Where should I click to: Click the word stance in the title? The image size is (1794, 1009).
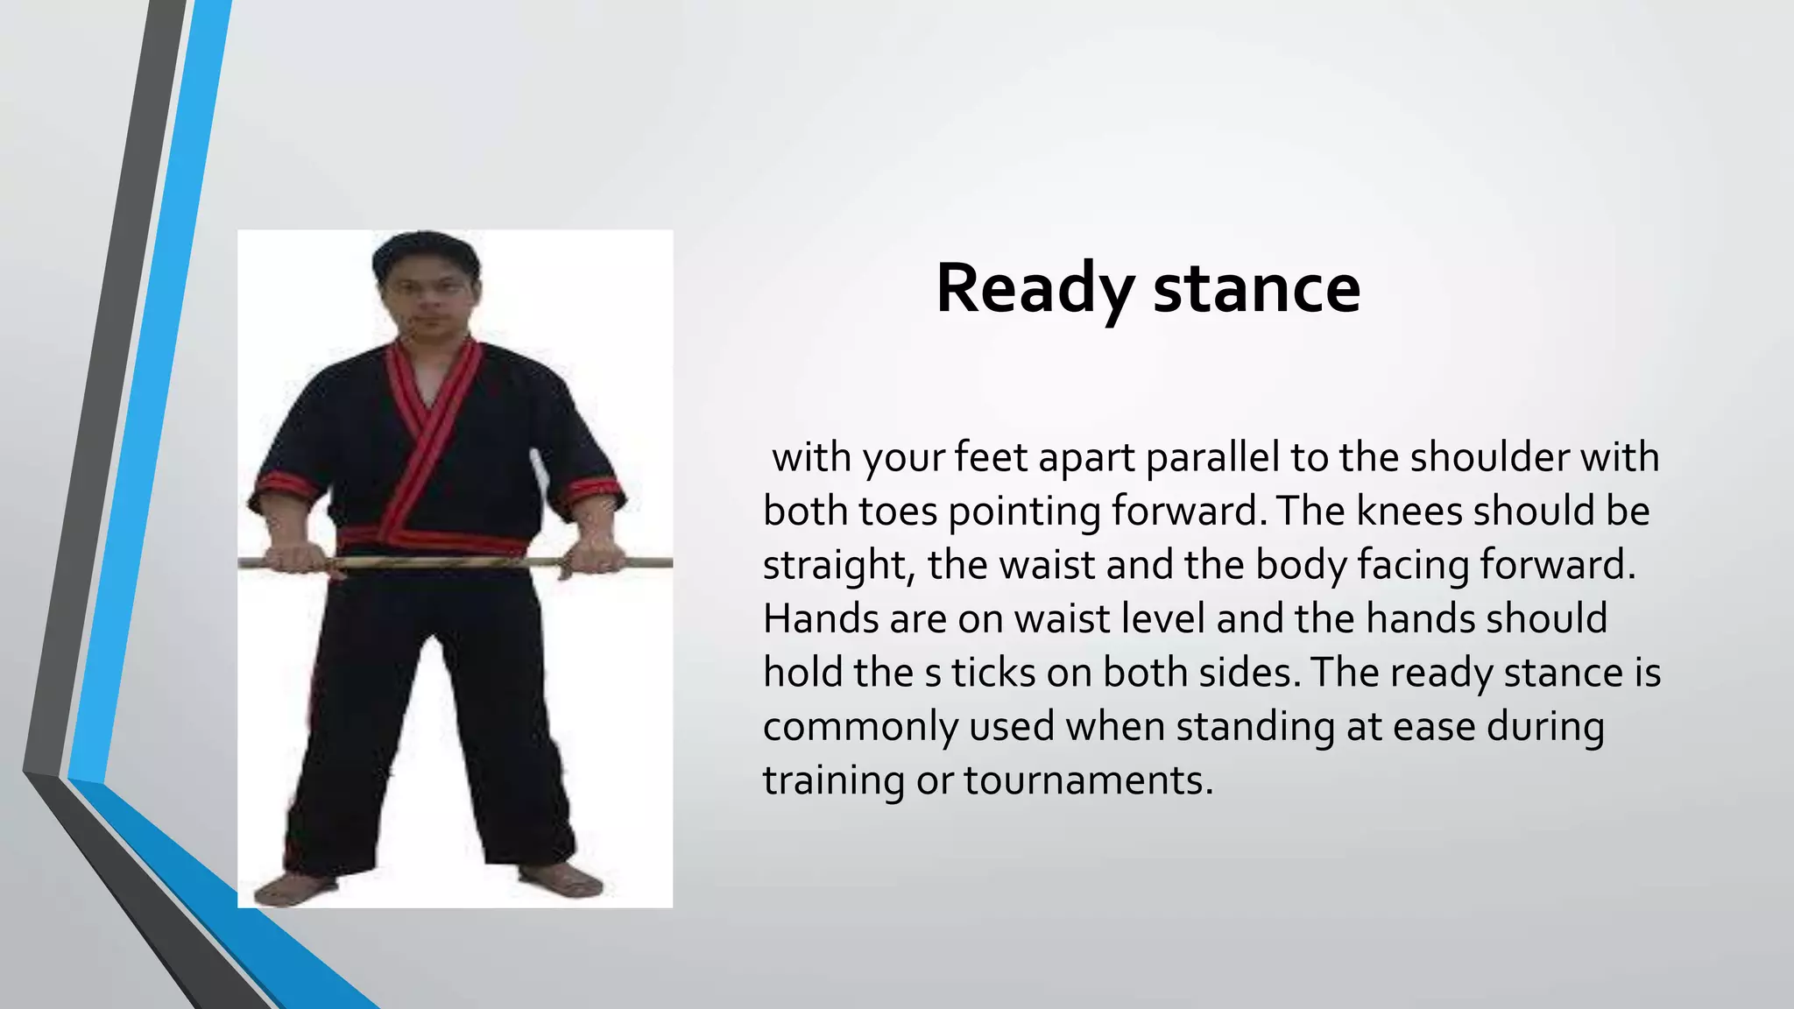pos(1257,289)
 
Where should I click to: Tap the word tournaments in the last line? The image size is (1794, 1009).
pos(1088,780)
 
